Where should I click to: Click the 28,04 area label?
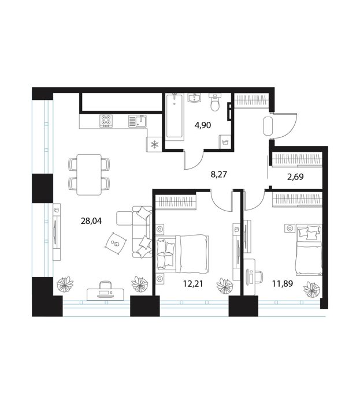pyautogui.click(x=91, y=221)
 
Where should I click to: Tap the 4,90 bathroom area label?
pyautogui.click(x=203, y=125)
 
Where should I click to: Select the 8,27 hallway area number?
pyautogui.click(x=218, y=174)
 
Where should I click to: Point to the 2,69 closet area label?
pyautogui.click(x=295, y=177)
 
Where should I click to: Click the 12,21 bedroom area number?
pyautogui.click(x=193, y=284)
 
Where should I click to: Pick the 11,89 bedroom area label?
pyautogui.click(x=283, y=284)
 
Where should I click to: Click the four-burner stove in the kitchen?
pyautogui.click(x=106, y=121)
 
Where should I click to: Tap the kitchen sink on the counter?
pyautogui.click(x=138, y=121)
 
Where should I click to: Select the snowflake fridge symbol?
pyautogui.click(x=154, y=144)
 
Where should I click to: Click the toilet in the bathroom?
pyautogui.click(x=214, y=102)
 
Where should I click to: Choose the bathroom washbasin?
pyautogui.click(x=195, y=98)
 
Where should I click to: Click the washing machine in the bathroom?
pyautogui.click(x=225, y=141)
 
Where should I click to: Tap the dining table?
pyautogui.click(x=89, y=174)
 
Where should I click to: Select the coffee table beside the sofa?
pyautogui.click(x=116, y=243)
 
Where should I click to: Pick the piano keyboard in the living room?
pyautogui.click(x=106, y=294)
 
